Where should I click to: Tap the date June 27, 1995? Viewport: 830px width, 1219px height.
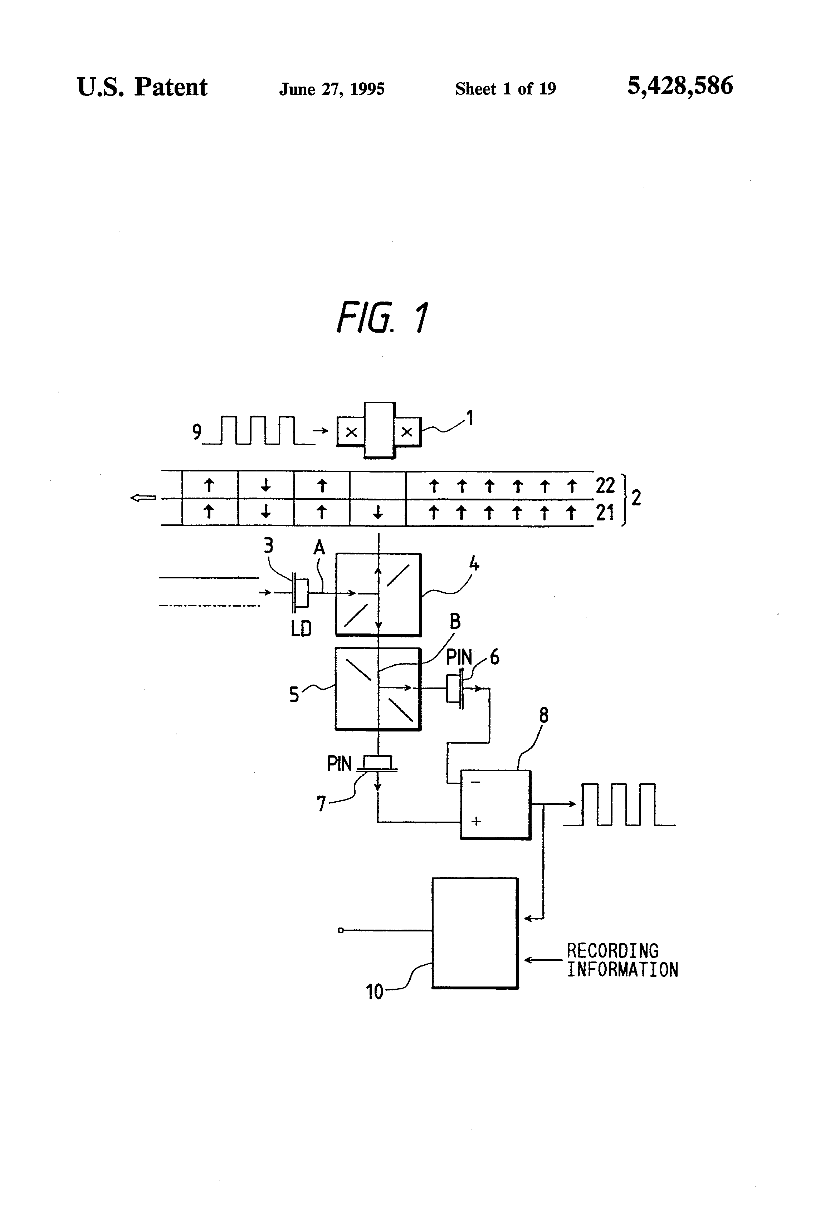coord(332,89)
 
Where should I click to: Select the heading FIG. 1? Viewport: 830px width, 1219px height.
coord(382,318)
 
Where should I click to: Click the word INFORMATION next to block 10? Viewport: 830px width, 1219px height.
coord(622,970)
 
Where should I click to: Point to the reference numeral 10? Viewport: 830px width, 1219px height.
coord(374,992)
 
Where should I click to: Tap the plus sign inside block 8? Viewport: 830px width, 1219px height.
coord(476,821)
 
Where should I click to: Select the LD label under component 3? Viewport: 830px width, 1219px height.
coord(301,628)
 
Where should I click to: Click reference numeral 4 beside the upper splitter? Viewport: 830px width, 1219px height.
coord(474,564)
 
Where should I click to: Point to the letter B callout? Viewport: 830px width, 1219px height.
coord(455,622)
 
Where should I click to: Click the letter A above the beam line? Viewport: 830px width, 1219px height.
coord(319,548)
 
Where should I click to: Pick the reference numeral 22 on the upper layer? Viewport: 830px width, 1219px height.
coord(605,486)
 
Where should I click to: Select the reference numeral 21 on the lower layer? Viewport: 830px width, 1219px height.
coord(605,513)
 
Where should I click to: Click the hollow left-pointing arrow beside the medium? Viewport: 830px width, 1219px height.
coord(143,498)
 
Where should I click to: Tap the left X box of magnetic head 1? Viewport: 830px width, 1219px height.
coord(351,432)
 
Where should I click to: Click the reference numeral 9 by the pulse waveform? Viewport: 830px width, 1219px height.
coord(197,432)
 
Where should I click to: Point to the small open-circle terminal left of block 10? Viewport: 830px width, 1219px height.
coord(341,930)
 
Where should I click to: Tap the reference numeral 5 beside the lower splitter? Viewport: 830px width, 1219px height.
coord(294,695)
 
